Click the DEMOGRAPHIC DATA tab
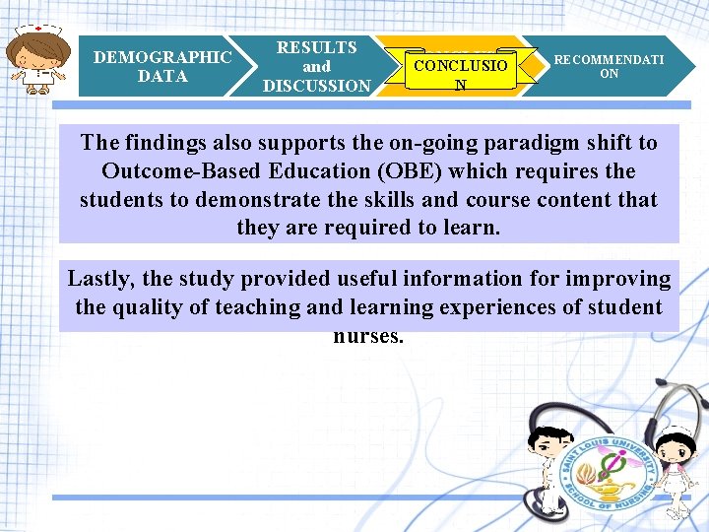click(162, 66)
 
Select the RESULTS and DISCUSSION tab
click(316, 66)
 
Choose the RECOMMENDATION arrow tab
click(609, 66)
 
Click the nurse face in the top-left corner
click(36, 59)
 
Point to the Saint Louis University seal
click(607, 462)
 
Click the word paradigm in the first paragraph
click(486, 143)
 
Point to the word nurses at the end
click(368, 336)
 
